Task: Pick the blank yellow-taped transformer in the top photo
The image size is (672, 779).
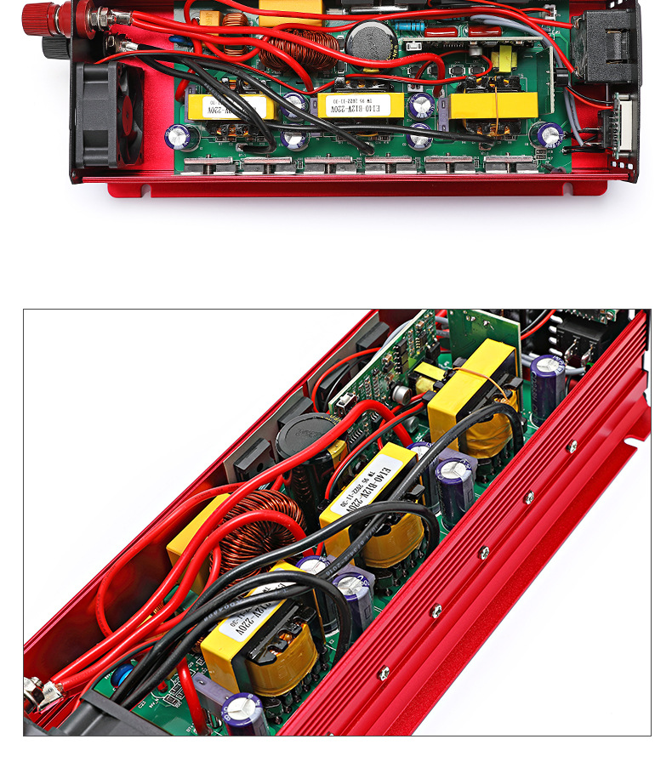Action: coord(493,105)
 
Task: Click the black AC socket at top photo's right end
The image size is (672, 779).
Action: coord(609,48)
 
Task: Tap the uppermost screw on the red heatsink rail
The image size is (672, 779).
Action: coord(571,445)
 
